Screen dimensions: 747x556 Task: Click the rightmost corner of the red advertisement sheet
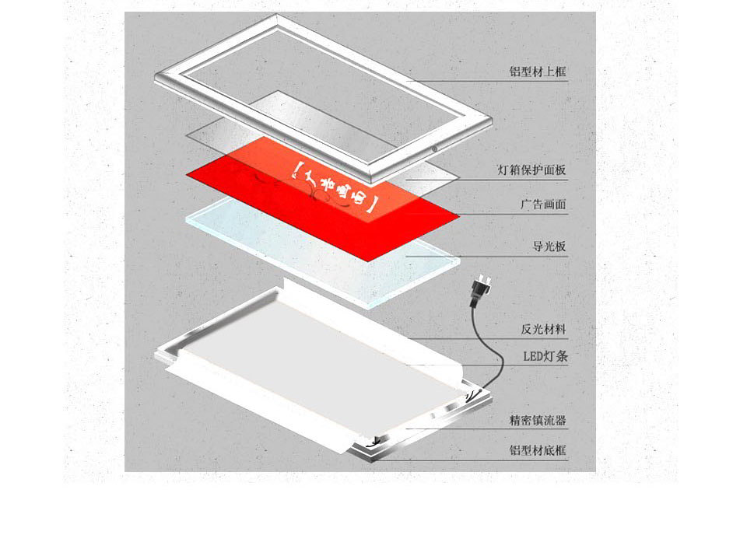click(x=460, y=217)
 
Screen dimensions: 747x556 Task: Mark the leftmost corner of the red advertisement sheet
click(x=186, y=174)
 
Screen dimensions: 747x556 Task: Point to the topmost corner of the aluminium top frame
click(x=276, y=14)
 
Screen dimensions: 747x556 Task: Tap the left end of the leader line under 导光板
click(x=406, y=256)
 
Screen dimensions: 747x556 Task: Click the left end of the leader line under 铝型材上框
click(x=406, y=81)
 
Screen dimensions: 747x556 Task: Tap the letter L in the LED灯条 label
click(x=527, y=356)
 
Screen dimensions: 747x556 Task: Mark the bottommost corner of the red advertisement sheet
click(x=369, y=261)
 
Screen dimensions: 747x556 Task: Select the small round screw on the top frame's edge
click(x=434, y=149)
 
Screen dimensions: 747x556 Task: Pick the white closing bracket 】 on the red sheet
click(x=373, y=205)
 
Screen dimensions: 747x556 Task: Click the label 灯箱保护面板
click(x=531, y=170)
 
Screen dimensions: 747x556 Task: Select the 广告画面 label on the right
click(x=544, y=205)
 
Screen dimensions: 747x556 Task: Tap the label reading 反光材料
click(x=544, y=329)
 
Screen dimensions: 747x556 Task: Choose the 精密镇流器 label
click(x=538, y=421)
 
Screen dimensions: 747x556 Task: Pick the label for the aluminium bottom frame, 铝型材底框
click(x=538, y=449)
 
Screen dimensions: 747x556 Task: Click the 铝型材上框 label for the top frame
click(x=538, y=72)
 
